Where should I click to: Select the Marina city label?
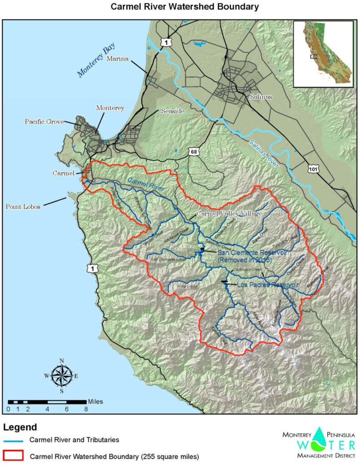117,59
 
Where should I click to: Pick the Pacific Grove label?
44,122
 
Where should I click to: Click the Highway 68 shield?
194,151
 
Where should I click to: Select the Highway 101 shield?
313,169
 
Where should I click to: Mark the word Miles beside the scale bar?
95,401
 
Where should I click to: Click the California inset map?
323,54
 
